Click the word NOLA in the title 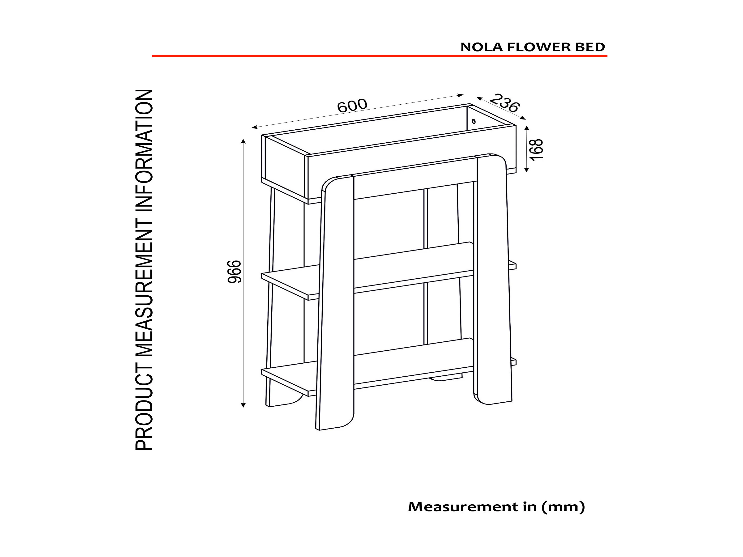tap(482, 47)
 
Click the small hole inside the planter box tap(474, 121)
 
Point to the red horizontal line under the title tap(380, 56)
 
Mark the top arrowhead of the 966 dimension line tap(243, 141)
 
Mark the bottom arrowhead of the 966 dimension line tap(243, 405)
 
